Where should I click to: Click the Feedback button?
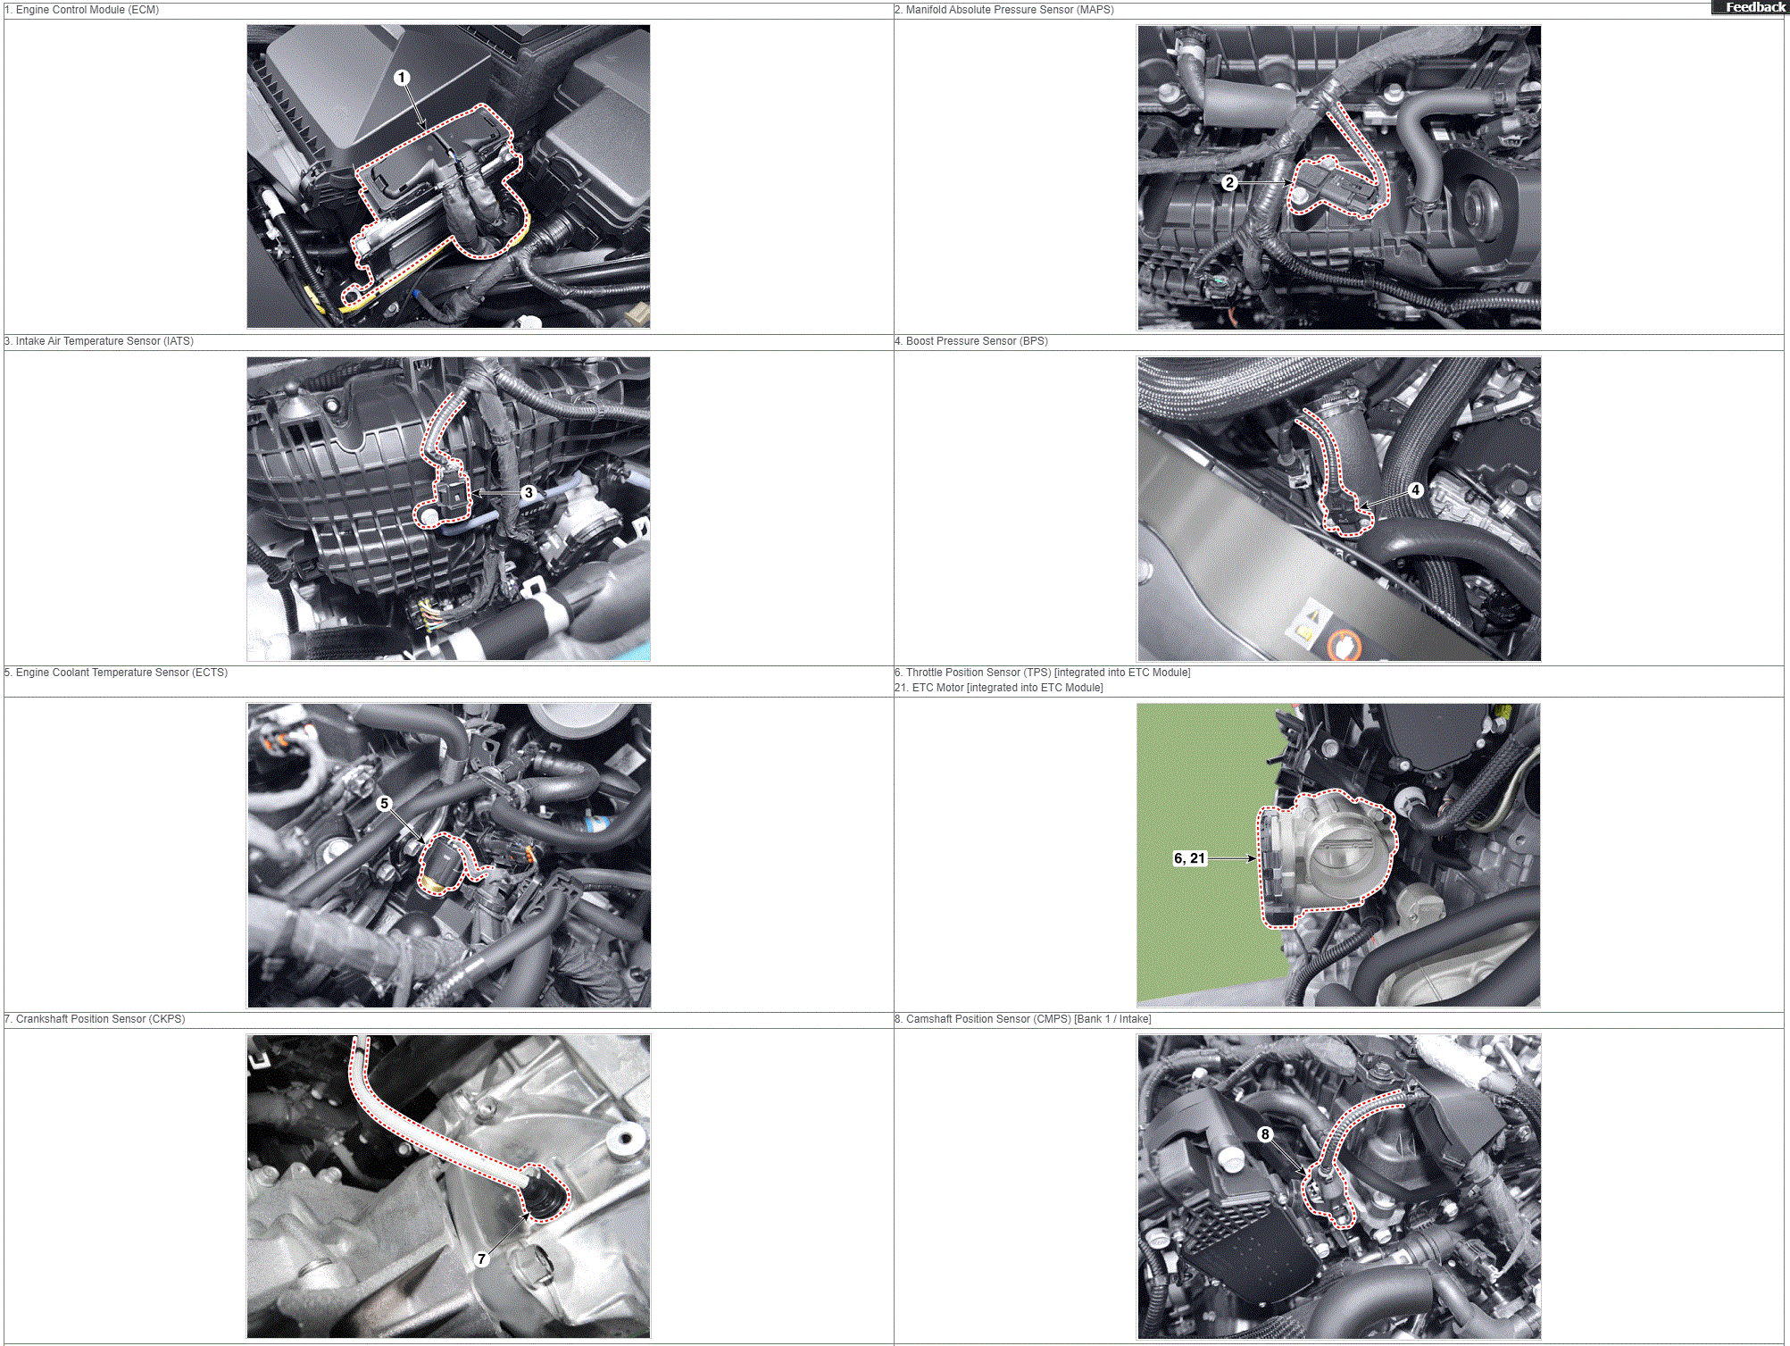click(1751, 7)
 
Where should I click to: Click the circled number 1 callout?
click(402, 78)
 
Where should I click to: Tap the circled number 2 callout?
click(1229, 183)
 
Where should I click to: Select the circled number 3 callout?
click(529, 492)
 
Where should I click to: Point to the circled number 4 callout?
click(1415, 490)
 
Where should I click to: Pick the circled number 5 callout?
click(385, 803)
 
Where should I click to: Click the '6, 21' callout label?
click(1189, 858)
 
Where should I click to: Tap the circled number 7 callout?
click(481, 1258)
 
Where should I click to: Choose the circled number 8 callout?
click(1265, 1134)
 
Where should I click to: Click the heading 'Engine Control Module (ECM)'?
click(87, 10)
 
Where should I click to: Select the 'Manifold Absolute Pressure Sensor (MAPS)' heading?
click(1010, 10)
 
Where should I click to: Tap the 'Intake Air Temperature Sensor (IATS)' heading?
click(104, 341)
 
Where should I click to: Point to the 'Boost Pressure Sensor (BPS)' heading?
click(977, 341)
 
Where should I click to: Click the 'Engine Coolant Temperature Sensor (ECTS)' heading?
click(121, 673)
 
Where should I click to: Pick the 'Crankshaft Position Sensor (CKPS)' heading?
click(100, 1019)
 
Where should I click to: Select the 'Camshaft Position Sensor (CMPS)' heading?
click(988, 1019)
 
